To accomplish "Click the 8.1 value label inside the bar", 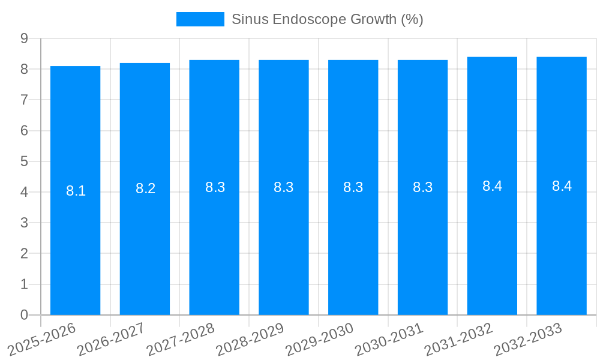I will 76,191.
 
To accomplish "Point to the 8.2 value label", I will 145,189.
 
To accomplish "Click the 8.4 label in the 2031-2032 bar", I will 492,186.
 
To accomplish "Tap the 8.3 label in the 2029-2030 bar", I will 353,187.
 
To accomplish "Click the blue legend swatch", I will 200,19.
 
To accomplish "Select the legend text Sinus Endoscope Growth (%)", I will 327,19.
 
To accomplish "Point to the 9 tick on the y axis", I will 25,38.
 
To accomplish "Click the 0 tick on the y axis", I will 25,315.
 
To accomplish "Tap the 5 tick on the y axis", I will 25,161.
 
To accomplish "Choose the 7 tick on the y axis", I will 25,100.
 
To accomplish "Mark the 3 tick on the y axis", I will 25,223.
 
